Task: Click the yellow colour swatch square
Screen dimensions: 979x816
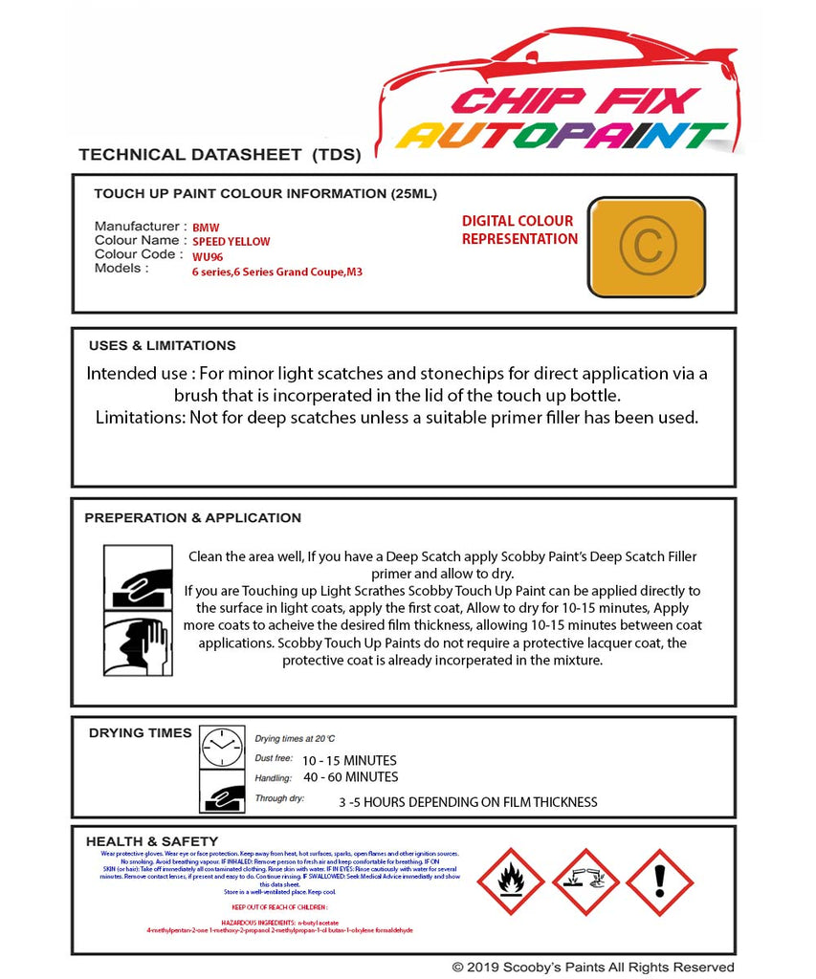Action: (646, 247)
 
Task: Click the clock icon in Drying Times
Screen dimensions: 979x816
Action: (222, 747)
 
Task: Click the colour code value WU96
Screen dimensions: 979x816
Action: (207, 256)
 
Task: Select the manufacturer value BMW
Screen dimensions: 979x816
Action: (206, 228)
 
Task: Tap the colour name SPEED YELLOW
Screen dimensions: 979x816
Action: (232, 242)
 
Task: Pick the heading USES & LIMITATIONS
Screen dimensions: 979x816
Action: (162, 346)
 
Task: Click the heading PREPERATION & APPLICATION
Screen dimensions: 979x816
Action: (192, 518)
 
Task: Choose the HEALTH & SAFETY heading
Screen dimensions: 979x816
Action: (151, 841)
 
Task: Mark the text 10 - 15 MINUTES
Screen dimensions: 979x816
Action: (349, 761)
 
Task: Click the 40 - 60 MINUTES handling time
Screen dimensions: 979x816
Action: (350, 777)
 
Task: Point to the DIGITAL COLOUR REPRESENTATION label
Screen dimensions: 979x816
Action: (518, 230)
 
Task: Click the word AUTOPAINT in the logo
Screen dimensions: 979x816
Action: (562, 136)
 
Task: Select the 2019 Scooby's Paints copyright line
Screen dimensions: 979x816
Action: (593, 968)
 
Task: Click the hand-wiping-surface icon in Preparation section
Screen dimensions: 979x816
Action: (137, 577)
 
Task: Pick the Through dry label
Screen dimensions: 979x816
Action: (279, 798)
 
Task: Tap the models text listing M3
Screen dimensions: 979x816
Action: (276, 272)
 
